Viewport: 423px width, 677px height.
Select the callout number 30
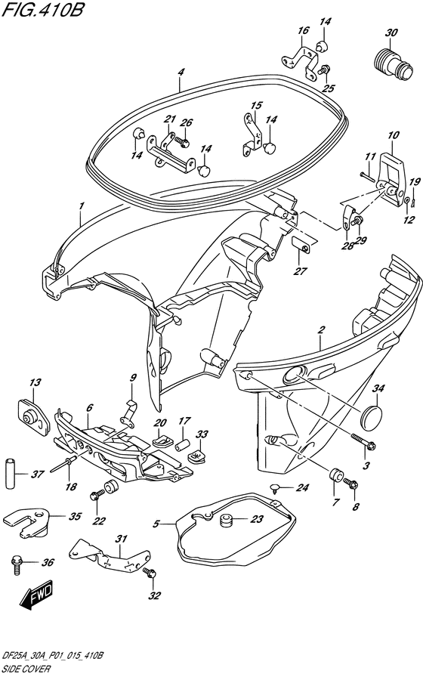pyautogui.click(x=391, y=32)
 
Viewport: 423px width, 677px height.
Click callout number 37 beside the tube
pyautogui.click(x=38, y=474)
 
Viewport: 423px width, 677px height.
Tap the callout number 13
pyautogui.click(x=36, y=382)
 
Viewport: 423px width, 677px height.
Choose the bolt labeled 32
pyautogui.click(x=150, y=573)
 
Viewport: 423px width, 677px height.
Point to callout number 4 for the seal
pyautogui.click(x=181, y=72)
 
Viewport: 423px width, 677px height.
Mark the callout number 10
pyautogui.click(x=393, y=135)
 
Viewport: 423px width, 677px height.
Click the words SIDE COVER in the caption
pyautogui.click(x=26, y=669)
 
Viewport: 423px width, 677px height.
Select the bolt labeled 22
pyautogui.click(x=97, y=494)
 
